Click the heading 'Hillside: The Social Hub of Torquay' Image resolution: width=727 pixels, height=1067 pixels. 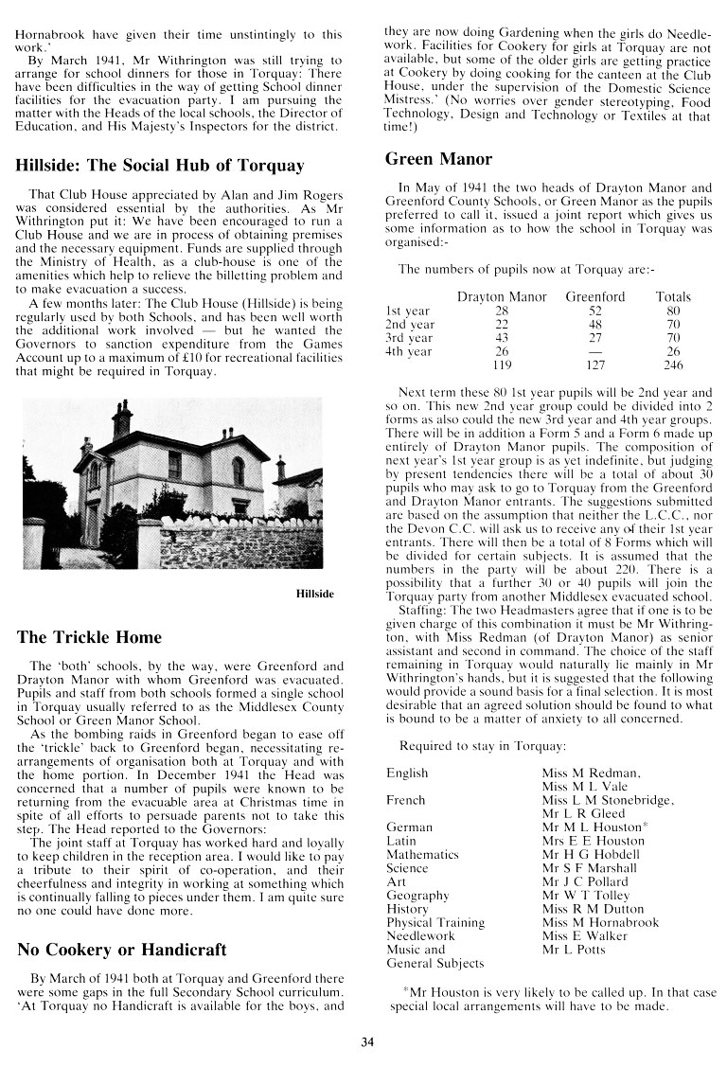point(160,166)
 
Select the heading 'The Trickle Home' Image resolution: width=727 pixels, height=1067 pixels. point(89,637)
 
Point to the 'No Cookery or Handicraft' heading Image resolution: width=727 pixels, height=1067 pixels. point(121,951)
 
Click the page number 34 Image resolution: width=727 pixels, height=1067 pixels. point(368,1043)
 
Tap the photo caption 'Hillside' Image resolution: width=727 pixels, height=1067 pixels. point(314,595)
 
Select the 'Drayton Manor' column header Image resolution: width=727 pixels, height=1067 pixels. point(502,297)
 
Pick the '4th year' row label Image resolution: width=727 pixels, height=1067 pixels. point(408,351)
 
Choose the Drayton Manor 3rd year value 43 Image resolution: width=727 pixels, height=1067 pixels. point(502,338)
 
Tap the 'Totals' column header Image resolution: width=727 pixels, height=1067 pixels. point(673,297)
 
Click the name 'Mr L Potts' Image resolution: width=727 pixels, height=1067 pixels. point(574,949)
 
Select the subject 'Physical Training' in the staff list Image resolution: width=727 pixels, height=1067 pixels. point(435,922)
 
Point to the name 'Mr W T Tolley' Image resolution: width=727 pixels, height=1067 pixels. point(586,895)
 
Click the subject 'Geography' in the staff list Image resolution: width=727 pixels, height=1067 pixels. point(417,895)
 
